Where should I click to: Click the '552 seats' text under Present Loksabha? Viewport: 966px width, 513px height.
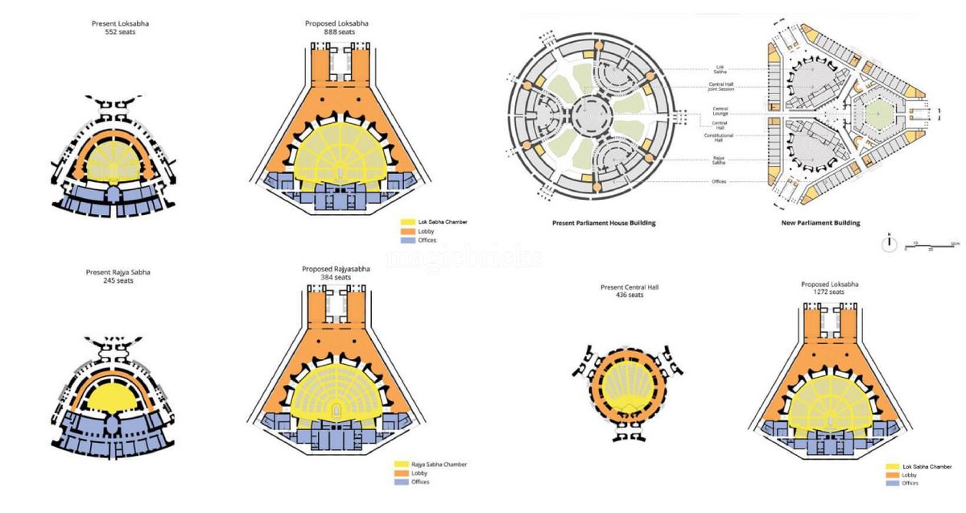(x=120, y=33)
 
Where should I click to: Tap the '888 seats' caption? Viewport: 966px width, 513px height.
(x=336, y=32)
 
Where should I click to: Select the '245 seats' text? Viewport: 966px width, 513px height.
(x=118, y=281)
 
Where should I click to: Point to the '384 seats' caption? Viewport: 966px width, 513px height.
(x=336, y=277)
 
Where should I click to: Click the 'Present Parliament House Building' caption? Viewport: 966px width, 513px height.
(x=604, y=222)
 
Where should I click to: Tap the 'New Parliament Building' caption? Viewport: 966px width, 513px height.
(x=821, y=222)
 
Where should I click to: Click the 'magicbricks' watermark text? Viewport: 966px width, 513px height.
(x=464, y=259)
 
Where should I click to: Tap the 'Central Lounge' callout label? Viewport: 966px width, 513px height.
(x=720, y=110)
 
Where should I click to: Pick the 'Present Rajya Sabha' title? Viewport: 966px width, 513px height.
(x=118, y=272)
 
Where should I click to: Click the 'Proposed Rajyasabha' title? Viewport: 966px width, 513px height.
(x=336, y=268)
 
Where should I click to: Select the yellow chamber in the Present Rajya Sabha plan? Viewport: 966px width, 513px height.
(x=118, y=400)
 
